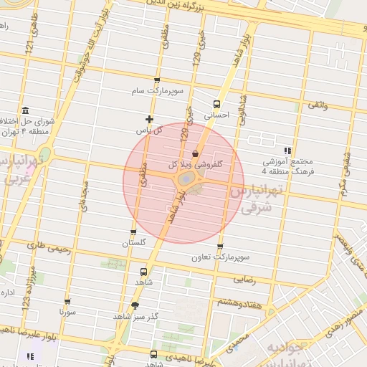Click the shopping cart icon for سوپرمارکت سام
click(157, 81)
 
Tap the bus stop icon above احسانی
click(218, 103)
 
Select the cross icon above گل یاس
click(149, 119)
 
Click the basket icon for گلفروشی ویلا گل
click(196, 153)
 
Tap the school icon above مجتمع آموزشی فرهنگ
click(287, 151)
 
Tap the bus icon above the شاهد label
click(143, 272)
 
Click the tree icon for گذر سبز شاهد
click(135, 305)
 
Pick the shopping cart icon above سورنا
click(67, 302)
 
